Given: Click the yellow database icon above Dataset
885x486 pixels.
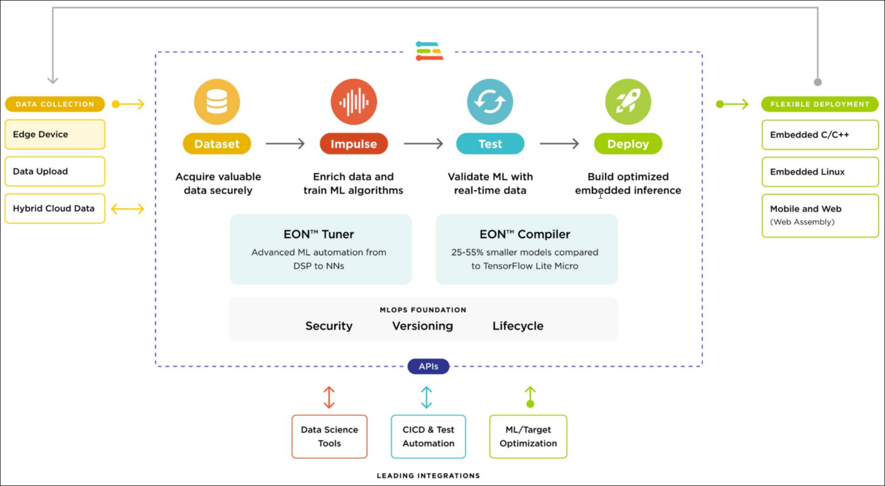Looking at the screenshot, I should pyautogui.click(x=217, y=102).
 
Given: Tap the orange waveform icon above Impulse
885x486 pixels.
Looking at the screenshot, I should pyautogui.click(x=354, y=102).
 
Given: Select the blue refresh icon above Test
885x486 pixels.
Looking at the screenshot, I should pyautogui.click(x=490, y=102).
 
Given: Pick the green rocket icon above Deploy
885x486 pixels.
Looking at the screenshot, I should pyautogui.click(x=628, y=102).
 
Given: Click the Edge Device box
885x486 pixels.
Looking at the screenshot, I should pyautogui.click(x=55, y=135).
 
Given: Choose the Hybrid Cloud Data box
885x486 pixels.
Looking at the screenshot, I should pyautogui.click(x=55, y=209).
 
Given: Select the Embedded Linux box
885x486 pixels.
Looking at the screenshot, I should pyautogui.click(x=820, y=172).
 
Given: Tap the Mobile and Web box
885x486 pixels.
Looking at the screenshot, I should pyautogui.click(x=820, y=215).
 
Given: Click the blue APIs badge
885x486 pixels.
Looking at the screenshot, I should pyautogui.click(x=428, y=367).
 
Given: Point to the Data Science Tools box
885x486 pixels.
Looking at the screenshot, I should pyautogui.click(x=330, y=437).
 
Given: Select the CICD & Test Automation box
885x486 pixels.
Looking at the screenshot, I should pyautogui.click(x=428, y=437).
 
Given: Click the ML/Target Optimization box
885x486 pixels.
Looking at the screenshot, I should pyautogui.click(x=528, y=437).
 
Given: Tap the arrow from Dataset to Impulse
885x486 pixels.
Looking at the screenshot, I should pyautogui.click(x=285, y=144).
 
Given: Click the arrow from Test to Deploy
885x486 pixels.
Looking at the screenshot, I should pyautogui.click(x=559, y=144).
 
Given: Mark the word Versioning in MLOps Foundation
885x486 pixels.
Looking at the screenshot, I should pyautogui.click(x=422, y=326).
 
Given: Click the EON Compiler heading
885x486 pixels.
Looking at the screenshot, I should pyautogui.click(x=525, y=234).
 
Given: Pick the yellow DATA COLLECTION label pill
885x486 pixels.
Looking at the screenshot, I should pyautogui.click(x=55, y=104).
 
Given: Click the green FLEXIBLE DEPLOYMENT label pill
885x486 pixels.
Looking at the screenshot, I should pyautogui.click(x=819, y=104).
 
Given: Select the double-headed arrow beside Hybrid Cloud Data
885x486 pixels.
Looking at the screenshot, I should pyautogui.click(x=128, y=209).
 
